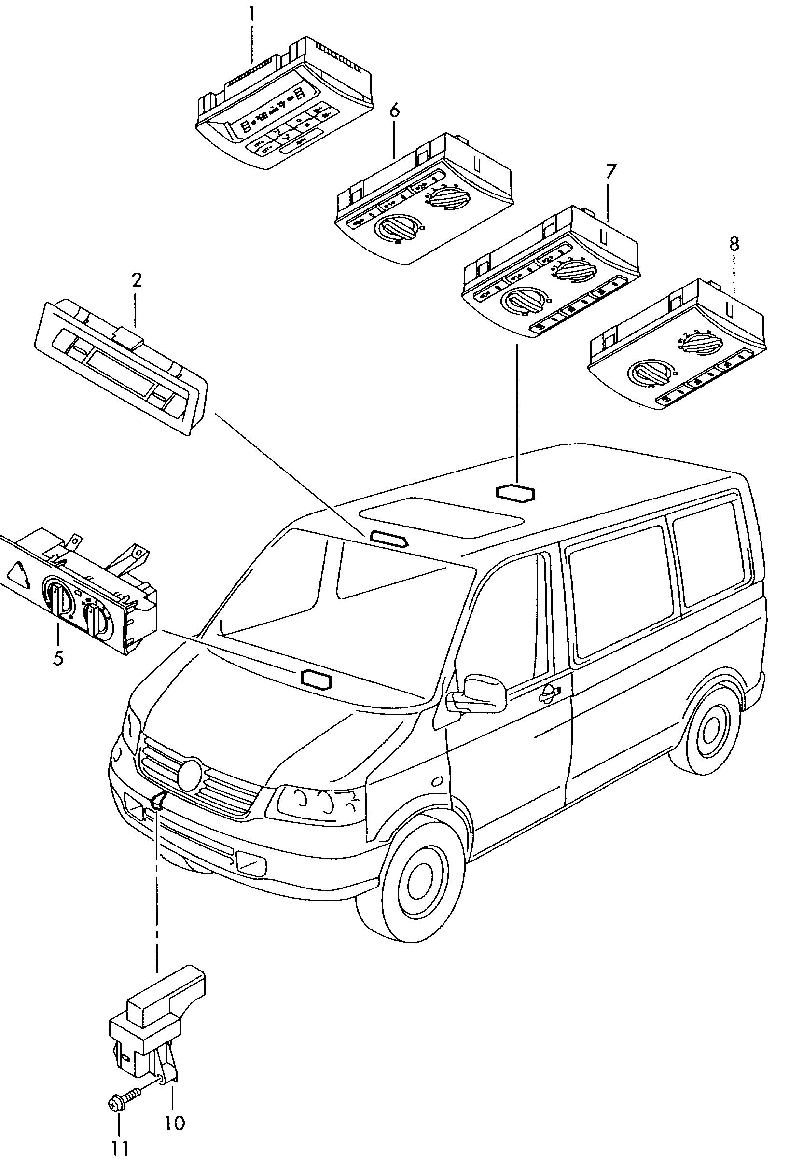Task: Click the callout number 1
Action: click(x=251, y=14)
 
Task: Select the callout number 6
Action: click(x=394, y=110)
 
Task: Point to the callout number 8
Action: click(x=734, y=245)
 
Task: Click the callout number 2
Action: click(x=137, y=280)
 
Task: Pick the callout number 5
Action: click(x=58, y=657)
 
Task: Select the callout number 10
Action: click(x=175, y=1123)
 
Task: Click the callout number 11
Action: click(x=120, y=1149)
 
